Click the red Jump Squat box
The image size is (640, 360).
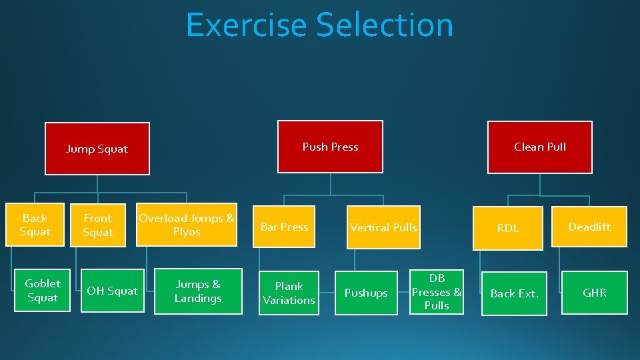pyautogui.click(x=97, y=149)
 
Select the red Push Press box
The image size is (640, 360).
pyautogui.click(x=330, y=147)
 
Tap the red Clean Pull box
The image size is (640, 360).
pyautogui.click(x=539, y=147)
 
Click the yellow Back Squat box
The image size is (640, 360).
pyautogui.click(x=35, y=225)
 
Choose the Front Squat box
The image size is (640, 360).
pyautogui.click(x=98, y=225)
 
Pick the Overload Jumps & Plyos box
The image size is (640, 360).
pyautogui.click(x=187, y=225)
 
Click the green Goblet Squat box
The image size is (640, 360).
pyautogui.click(x=43, y=291)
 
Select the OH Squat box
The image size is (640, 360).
pyautogui.click(x=112, y=291)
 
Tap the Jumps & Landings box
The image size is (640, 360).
pyautogui.click(x=197, y=291)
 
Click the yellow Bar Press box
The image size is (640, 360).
pyautogui.click(x=284, y=227)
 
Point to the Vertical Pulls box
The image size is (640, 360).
pyautogui.click(x=383, y=227)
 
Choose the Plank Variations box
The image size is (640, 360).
pyautogui.click(x=289, y=293)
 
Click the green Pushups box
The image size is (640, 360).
pyautogui.click(x=365, y=293)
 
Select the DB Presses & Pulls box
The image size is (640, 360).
pyautogui.click(x=437, y=291)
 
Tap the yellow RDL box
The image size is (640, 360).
pyautogui.click(x=507, y=228)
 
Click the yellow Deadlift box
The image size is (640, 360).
pyautogui.click(x=589, y=227)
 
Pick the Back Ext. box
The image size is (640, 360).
pyautogui.click(x=514, y=293)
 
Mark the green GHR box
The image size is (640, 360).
pyautogui.click(x=594, y=292)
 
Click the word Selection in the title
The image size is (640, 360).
pyautogui.click(x=385, y=25)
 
